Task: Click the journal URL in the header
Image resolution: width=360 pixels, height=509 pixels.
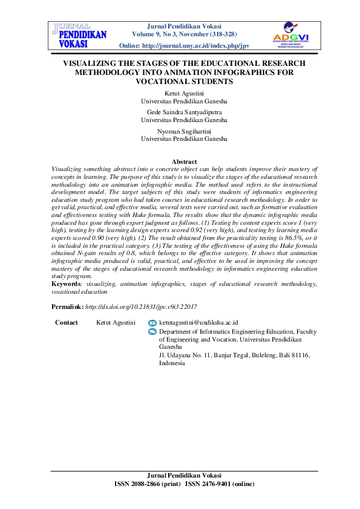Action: [193, 46]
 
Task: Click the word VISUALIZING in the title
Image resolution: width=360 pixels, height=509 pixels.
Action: [96, 63]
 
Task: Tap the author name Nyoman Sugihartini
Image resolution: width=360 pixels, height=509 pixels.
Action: [184, 130]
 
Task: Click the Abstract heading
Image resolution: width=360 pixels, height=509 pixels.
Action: [185, 161]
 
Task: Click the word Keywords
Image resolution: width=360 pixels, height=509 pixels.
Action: [67, 283]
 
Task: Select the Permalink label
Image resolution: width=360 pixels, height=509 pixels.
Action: [67, 307]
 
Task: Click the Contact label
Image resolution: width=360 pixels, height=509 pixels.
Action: [67, 323]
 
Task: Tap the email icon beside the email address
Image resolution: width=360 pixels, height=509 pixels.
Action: [152, 323]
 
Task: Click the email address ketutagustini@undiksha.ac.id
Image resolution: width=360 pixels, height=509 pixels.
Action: [198, 323]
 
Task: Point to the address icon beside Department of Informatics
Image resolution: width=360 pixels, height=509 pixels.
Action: [152, 332]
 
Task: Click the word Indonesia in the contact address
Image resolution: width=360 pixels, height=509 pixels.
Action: [172, 363]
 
